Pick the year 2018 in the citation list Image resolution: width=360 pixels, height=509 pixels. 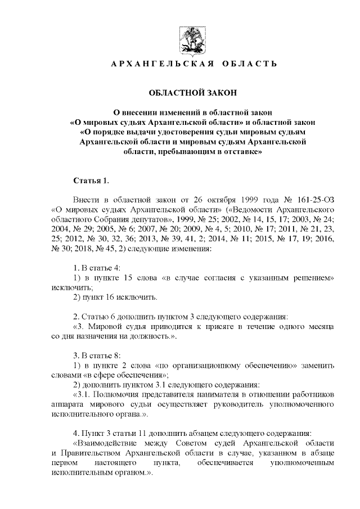83,249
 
